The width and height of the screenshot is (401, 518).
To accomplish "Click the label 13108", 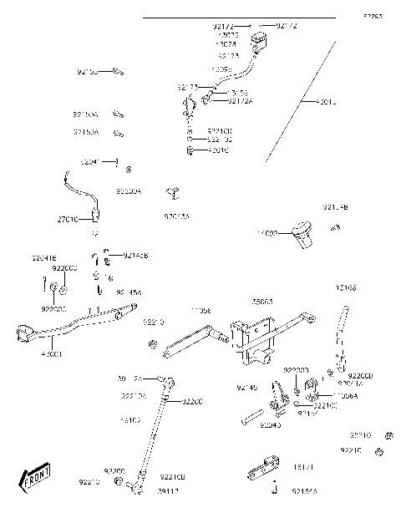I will tap(346, 287).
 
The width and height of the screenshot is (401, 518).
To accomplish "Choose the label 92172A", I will tap(240, 101).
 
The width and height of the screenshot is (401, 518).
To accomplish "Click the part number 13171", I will tap(302, 467).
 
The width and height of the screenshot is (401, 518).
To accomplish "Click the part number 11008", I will tap(200, 310).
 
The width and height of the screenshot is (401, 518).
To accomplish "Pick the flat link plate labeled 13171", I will tap(265, 470).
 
